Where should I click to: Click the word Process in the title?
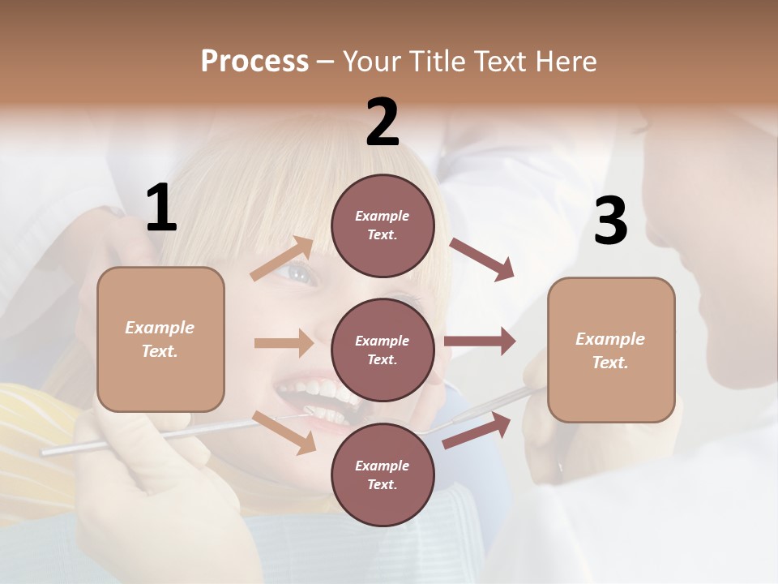[254, 62]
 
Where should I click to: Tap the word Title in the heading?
[438, 62]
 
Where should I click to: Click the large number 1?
[161, 208]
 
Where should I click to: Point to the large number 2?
[383, 122]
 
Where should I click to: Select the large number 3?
[610, 221]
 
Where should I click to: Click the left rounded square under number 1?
[160, 339]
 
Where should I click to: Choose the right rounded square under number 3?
[611, 350]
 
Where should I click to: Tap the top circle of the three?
[383, 225]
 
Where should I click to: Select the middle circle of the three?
[383, 350]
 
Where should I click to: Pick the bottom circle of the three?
[383, 474]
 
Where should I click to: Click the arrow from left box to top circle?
[283, 259]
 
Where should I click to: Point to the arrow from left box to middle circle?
[284, 343]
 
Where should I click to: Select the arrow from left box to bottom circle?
[284, 432]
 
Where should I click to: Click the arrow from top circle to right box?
[481, 260]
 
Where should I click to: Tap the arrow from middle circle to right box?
[479, 341]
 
